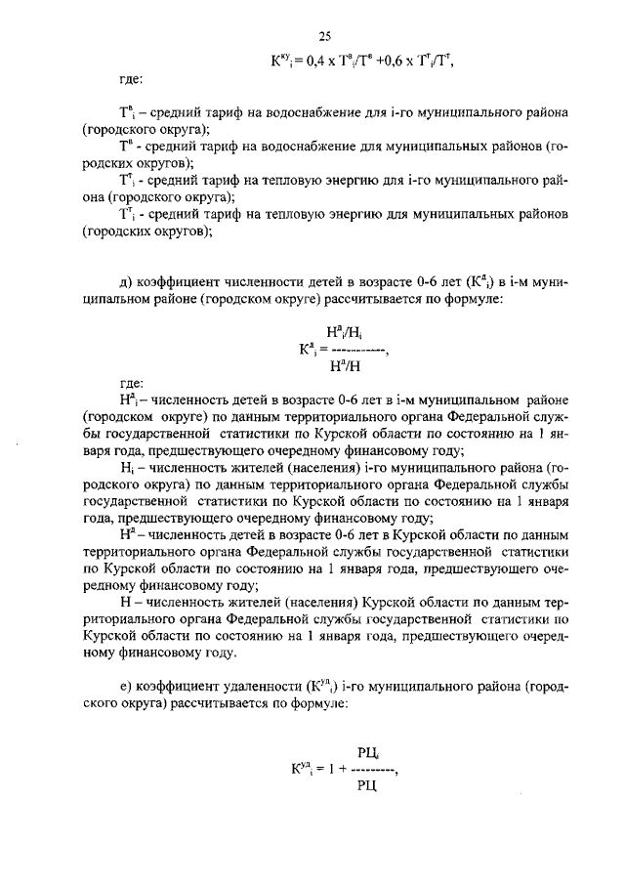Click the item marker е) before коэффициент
coord(127,688)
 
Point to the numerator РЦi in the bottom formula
coord(368,750)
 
